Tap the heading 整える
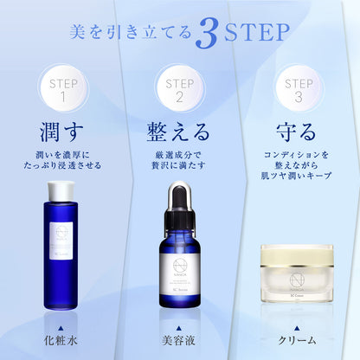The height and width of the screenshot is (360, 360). [x=180, y=133]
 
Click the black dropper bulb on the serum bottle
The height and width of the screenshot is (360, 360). [x=180, y=195]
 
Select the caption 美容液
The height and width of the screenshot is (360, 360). [x=180, y=340]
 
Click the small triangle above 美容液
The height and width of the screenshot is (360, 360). [x=180, y=325]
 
